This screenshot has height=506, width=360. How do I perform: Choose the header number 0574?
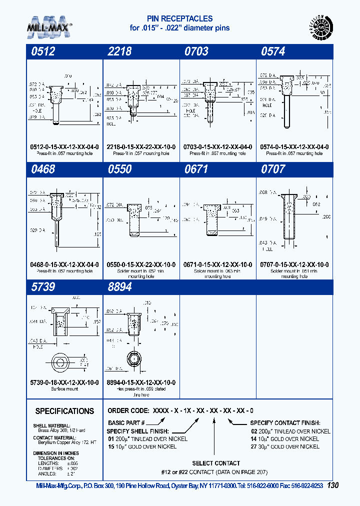(x=273, y=51)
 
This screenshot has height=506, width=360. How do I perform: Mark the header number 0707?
(x=273, y=169)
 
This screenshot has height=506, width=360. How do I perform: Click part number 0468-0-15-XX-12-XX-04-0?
(x=64, y=264)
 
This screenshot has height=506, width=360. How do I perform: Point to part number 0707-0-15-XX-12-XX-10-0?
(x=295, y=264)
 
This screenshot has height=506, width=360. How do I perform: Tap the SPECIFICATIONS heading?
(x=64, y=411)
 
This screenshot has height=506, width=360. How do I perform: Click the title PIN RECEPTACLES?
(x=180, y=18)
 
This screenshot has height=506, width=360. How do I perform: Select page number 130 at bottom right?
(x=334, y=485)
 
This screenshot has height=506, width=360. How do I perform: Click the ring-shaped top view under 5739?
(x=61, y=362)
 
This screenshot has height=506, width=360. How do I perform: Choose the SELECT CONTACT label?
(x=216, y=463)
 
